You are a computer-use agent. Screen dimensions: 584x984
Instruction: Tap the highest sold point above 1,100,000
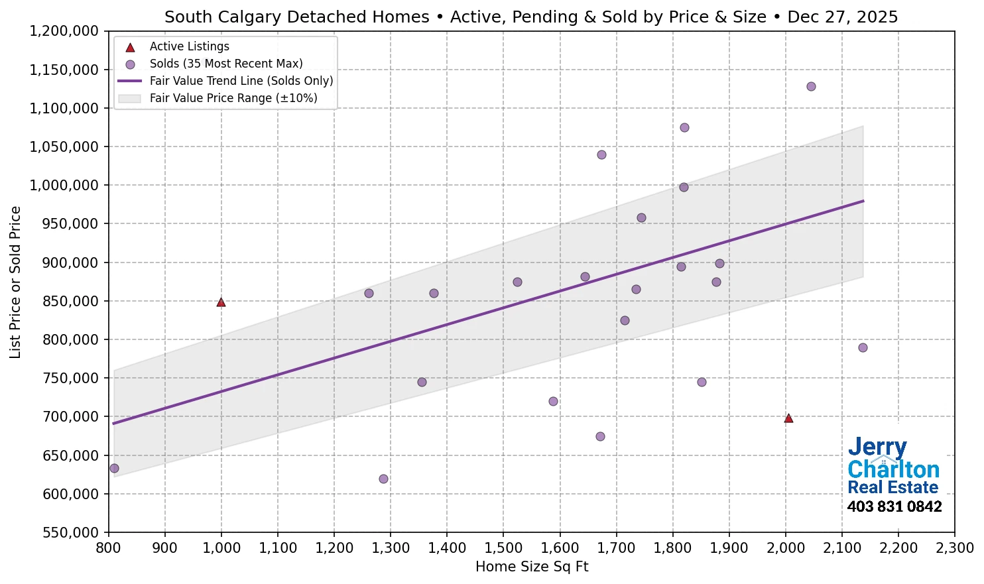811,87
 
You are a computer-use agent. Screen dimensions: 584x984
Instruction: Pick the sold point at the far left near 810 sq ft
114,469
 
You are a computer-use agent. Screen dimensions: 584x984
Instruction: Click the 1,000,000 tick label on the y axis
64,186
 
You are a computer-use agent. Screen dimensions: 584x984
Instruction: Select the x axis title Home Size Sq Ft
532,567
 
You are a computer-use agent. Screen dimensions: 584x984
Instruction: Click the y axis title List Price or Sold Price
16,282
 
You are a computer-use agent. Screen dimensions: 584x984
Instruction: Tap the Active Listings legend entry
189,47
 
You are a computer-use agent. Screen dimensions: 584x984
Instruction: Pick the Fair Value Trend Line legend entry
241,81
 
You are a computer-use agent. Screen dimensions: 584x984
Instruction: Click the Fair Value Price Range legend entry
233,98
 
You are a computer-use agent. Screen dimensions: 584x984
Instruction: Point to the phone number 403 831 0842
894,507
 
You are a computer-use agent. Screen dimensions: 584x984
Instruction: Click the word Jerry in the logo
877,448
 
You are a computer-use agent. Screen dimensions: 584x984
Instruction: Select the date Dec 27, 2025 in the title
843,17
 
